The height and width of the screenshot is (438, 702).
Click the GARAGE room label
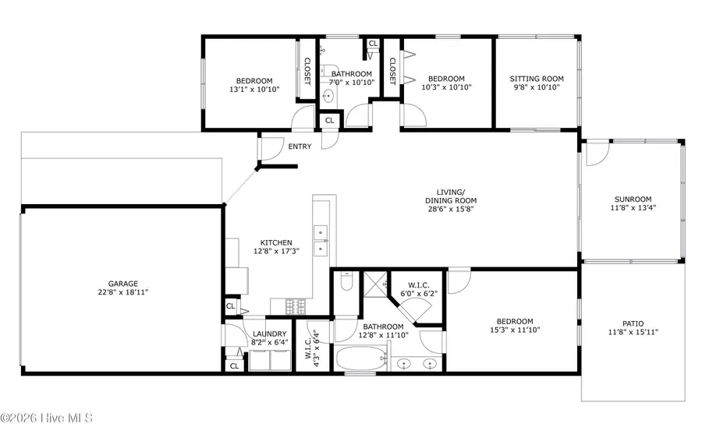click(x=123, y=284)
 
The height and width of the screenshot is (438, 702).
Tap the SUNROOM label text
click(x=632, y=199)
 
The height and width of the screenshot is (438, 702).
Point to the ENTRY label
click(x=300, y=147)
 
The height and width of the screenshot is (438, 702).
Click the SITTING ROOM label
click(x=537, y=79)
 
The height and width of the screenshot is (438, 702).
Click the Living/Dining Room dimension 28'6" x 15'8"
click(x=451, y=210)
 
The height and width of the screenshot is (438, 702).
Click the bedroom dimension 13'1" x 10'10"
click(x=254, y=90)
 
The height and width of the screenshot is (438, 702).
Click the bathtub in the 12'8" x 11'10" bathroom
click(x=360, y=361)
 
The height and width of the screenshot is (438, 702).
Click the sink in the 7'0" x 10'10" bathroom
click(x=329, y=97)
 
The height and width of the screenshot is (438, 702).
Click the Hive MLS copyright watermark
click(x=47, y=419)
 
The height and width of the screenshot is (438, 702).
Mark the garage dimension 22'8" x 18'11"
click(x=123, y=293)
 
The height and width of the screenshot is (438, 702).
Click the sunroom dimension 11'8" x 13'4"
click(x=632, y=208)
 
